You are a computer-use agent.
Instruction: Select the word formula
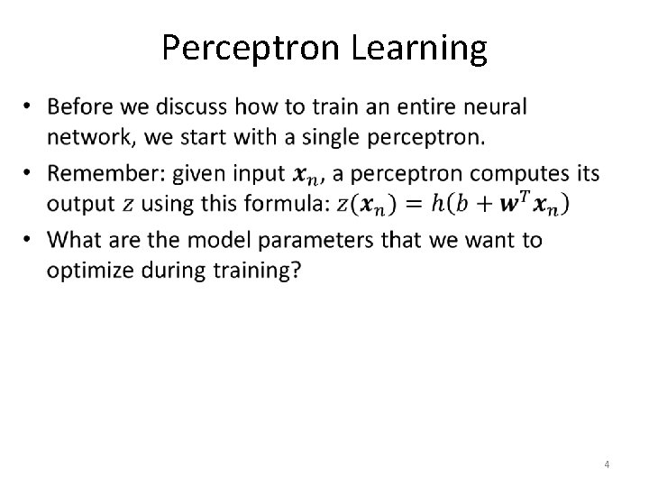tap(290, 204)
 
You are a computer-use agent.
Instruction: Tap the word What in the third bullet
tap(73, 240)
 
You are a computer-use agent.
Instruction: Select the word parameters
tap(300, 240)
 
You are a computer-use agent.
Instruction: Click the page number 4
tap(607, 464)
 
